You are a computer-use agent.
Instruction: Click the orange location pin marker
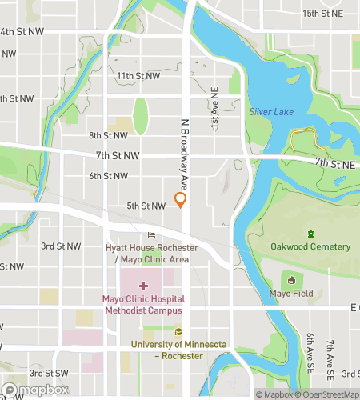point(181,200)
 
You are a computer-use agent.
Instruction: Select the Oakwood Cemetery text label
point(310,246)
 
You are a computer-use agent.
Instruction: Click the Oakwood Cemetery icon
point(310,234)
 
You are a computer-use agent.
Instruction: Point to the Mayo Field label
point(292,292)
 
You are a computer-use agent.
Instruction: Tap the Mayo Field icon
point(292,280)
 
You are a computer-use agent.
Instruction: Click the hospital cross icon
point(143,286)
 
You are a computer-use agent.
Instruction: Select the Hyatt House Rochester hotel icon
point(151,234)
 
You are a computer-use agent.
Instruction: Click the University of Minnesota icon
point(178,332)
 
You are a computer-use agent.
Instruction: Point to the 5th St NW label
point(146,206)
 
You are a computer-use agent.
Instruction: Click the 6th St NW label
point(108,176)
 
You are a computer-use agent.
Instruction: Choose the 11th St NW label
point(138,76)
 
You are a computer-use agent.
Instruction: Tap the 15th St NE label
point(322,14)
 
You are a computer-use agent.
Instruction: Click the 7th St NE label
point(334,162)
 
